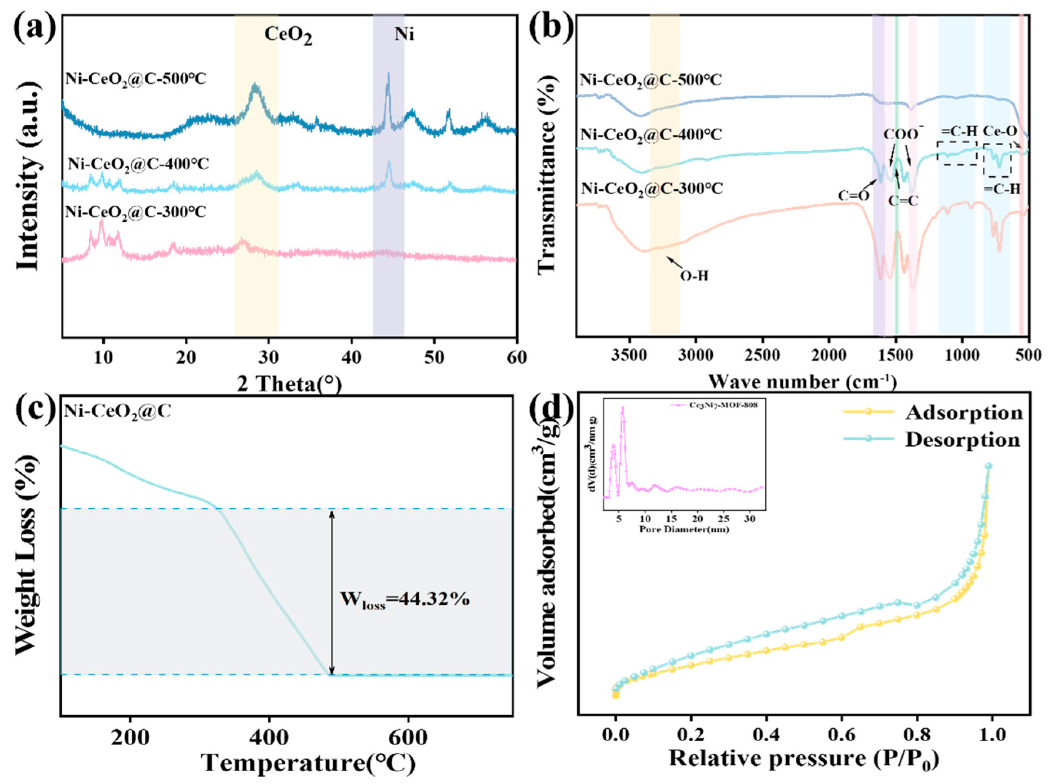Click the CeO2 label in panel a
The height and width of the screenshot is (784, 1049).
(288, 35)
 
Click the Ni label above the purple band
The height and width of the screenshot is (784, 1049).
(404, 34)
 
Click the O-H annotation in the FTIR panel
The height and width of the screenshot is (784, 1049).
(694, 276)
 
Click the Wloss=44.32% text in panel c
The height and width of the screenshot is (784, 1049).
(404, 600)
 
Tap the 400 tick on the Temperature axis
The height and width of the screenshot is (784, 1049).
(269, 737)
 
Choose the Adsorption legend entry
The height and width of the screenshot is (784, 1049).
(964, 413)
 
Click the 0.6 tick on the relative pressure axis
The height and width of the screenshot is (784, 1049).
(841, 735)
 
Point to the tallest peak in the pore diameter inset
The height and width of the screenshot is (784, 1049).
(623, 408)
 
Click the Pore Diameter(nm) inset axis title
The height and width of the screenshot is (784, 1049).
(684, 529)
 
